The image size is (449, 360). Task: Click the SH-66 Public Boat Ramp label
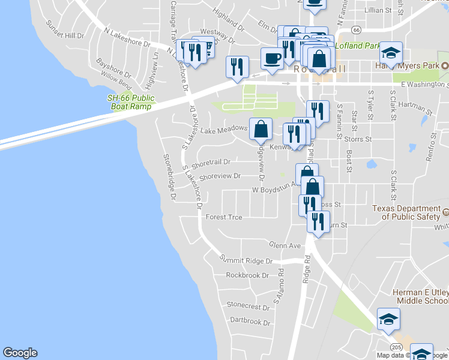click(x=130, y=102)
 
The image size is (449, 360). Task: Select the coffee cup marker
click(x=272, y=59)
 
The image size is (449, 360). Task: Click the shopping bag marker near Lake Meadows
click(x=261, y=129)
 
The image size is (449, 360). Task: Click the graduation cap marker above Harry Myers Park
click(x=391, y=54)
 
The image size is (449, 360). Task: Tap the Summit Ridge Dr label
click(x=247, y=261)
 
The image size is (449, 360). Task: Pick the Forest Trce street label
click(x=223, y=217)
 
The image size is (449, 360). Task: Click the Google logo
click(x=20, y=353)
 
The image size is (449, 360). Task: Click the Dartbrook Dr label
click(x=250, y=322)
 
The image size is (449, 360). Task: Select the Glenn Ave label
click(x=285, y=246)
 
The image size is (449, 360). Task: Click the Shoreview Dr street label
click(x=220, y=176)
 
